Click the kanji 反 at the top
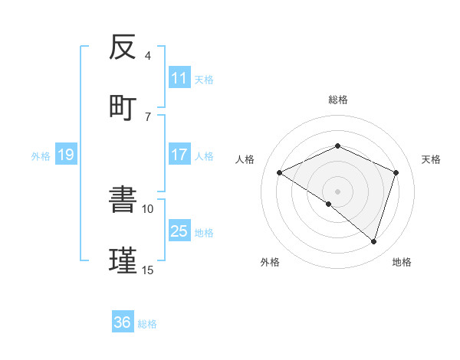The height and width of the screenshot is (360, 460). click(x=123, y=47)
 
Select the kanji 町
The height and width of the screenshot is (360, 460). click(x=123, y=106)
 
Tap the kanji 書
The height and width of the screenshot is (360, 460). click(x=123, y=200)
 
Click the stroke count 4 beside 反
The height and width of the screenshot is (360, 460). click(x=148, y=56)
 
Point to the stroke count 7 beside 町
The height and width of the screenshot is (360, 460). click(x=148, y=116)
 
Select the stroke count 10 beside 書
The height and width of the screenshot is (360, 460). click(x=148, y=208)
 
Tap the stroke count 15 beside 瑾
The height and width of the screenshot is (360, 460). click(x=148, y=270)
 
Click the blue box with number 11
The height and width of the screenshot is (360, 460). click(x=179, y=77)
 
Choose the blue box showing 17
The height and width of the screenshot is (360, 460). click(x=179, y=155)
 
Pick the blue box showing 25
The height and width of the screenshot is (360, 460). click(x=179, y=231)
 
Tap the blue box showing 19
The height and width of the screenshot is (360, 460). click(x=65, y=155)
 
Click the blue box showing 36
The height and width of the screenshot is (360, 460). click(x=123, y=322)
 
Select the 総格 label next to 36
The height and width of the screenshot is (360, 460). click(x=148, y=324)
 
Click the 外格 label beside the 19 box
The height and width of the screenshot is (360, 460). click(x=41, y=156)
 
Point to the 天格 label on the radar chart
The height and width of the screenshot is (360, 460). click(x=431, y=159)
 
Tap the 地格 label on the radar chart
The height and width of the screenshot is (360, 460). click(x=402, y=262)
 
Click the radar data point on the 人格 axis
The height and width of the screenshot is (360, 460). click(x=280, y=173)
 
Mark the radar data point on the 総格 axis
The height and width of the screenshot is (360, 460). click(x=337, y=146)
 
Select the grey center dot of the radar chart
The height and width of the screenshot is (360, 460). click(x=337, y=191)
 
